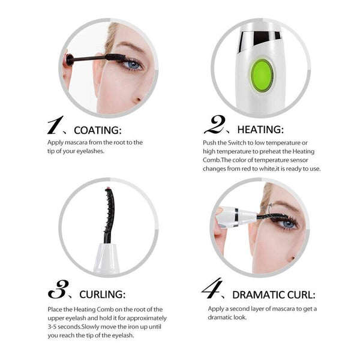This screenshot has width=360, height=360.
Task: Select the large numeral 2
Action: click(214, 126)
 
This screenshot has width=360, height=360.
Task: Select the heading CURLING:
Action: click(103, 295)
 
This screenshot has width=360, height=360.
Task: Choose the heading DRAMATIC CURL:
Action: click(273, 295)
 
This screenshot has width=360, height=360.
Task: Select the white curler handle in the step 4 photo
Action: click(230, 215)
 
